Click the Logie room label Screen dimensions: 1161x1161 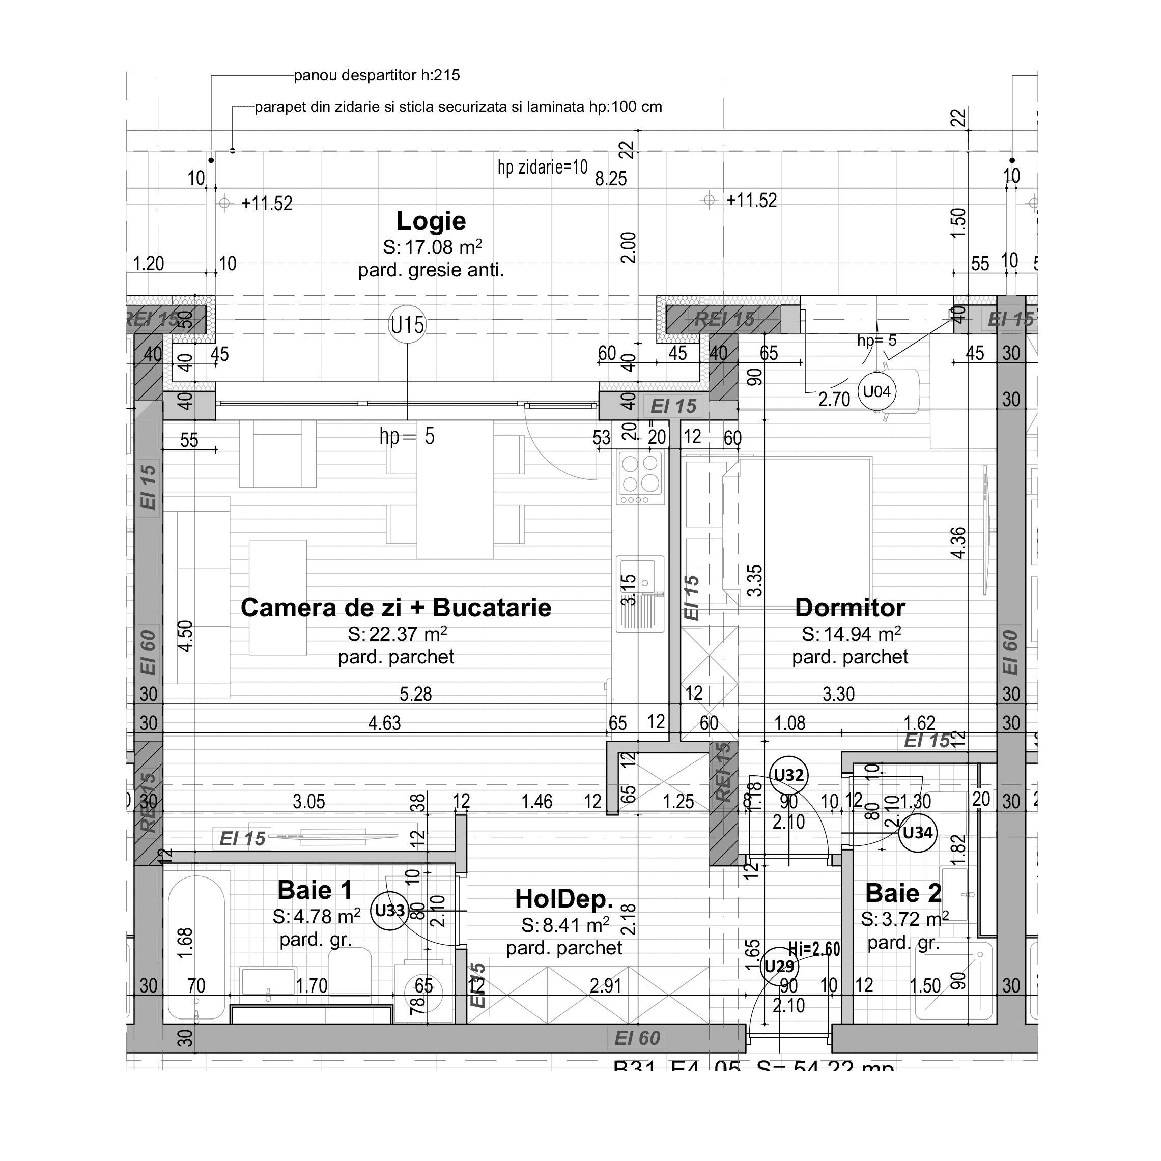[431, 221]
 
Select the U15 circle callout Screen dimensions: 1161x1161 [407, 325]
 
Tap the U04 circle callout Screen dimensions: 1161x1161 [876, 392]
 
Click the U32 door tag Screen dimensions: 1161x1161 [788, 775]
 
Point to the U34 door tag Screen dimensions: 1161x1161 [917, 833]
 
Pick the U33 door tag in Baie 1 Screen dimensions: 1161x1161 [389, 911]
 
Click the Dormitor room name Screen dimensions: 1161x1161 [849, 608]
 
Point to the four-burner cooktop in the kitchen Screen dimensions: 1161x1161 [640, 473]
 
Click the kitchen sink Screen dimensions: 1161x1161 [641, 592]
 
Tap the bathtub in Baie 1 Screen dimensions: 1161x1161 [196, 949]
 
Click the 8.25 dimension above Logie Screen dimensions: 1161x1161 [611, 179]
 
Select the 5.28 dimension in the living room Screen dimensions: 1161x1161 [415, 695]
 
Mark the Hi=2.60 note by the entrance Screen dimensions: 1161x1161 [814, 949]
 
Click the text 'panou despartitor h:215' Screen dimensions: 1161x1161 [377, 76]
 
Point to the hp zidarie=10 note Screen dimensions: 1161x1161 [542, 167]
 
